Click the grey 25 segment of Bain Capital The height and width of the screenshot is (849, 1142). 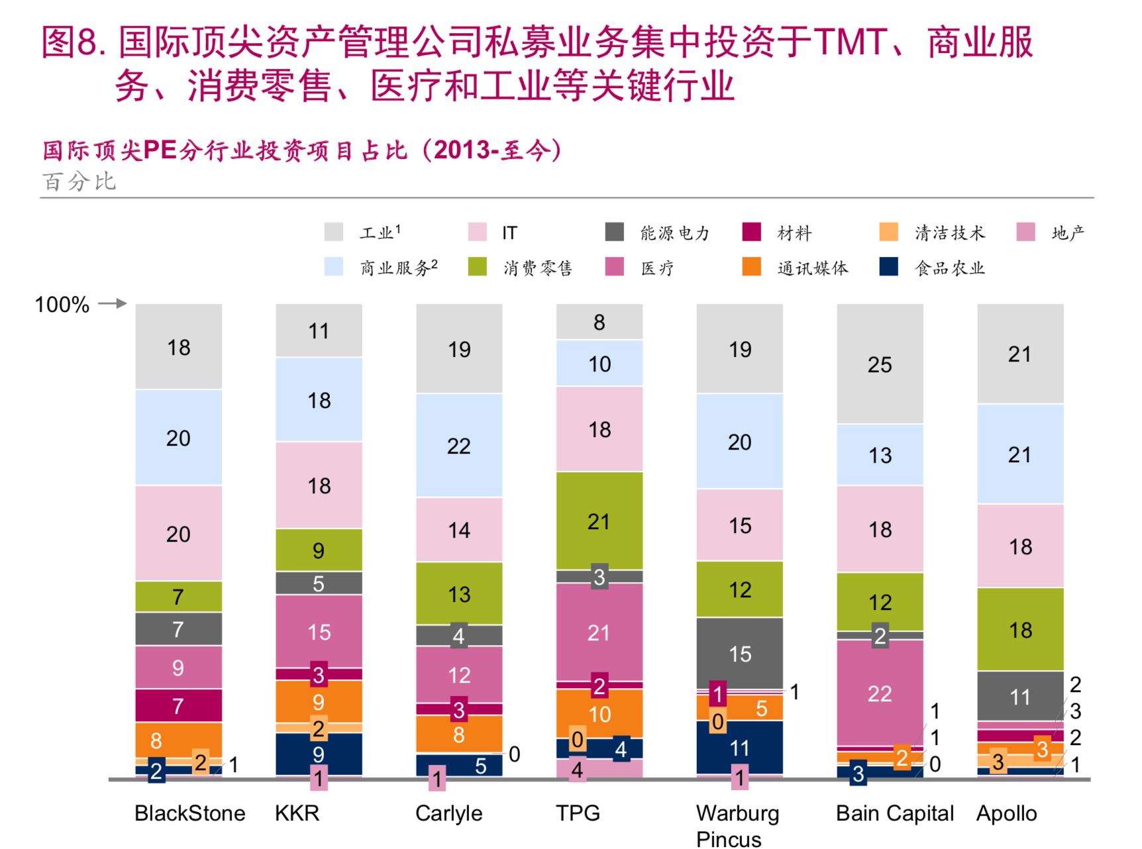click(880, 364)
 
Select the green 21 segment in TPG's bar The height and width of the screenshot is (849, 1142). click(599, 521)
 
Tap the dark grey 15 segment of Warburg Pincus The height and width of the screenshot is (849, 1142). click(740, 654)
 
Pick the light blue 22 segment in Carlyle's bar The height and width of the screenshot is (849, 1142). click(459, 446)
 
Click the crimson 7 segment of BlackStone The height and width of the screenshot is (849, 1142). click(178, 706)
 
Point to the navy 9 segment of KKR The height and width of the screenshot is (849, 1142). click(319, 754)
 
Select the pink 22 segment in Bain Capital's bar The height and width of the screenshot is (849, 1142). click(880, 693)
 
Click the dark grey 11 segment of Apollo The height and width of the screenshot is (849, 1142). click(1020, 697)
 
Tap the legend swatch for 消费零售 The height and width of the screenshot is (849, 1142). click(477, 268)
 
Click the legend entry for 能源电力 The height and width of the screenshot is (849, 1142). click(674, 233)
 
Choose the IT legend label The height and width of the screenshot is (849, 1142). click(509, 233)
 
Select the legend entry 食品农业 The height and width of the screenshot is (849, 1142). click(949, 268)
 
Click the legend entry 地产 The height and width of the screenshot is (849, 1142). click(1067, 233)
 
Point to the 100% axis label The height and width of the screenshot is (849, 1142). click(62, 305)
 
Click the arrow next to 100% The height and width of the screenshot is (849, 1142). click(113, 304)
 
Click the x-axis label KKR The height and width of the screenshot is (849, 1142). click(297, 813)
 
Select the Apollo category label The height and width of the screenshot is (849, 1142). click(1006, 813)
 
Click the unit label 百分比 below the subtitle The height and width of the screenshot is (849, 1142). click(79, 181)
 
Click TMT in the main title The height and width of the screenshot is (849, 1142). click(850, 42)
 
